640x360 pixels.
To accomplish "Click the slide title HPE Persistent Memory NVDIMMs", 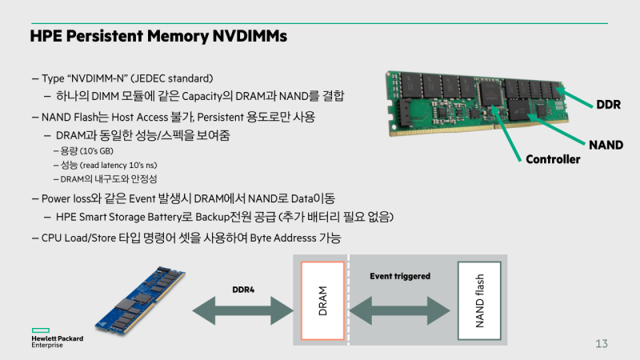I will pyautogui.click(x=158, y=37).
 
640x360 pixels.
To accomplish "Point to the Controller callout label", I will pyautogui.click(x=553, y=159).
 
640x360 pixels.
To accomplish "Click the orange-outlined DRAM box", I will pyautogui.click(x=322, y=300).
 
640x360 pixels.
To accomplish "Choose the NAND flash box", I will pyautogui.click(x=478, y=300).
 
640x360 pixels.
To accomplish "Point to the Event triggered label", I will pyautogui.click(x=400, y=276).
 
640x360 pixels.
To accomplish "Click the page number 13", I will pyautogui.click(x=602, y=344).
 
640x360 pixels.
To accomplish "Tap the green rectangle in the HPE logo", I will pyautogui.click(x=41, y=330).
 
